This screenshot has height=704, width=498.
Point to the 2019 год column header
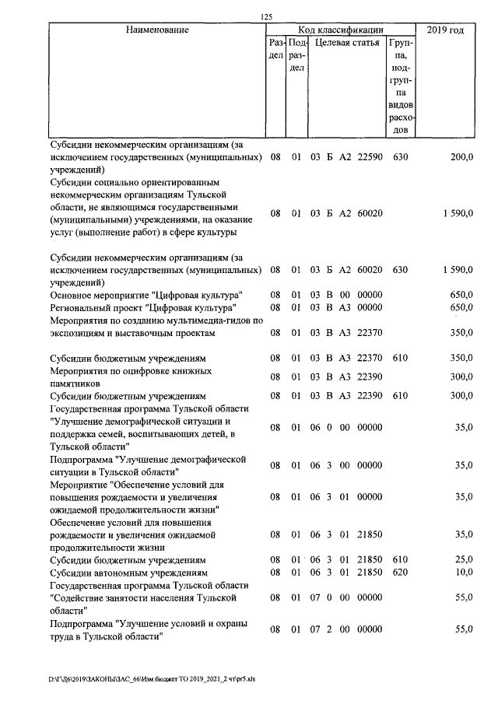point(446,30)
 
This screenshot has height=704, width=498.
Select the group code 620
point(401,572)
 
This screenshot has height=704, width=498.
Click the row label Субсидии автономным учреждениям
point(128,572)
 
